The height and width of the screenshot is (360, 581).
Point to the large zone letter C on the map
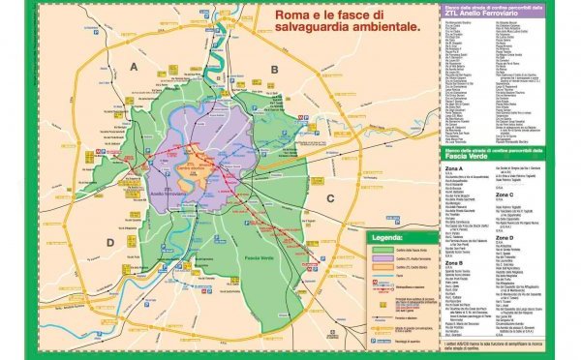tap(330, 199)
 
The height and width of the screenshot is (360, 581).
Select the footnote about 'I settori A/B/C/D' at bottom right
tap(504, 347)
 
